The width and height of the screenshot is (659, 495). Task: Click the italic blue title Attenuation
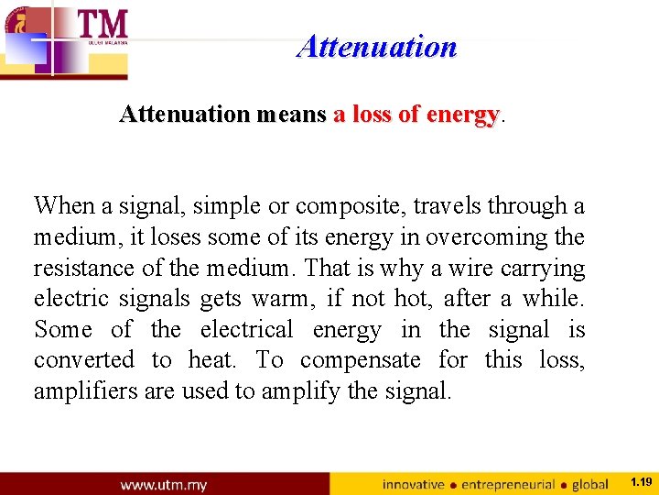coord(376,46)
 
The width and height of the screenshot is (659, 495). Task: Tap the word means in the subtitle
coord(291,115)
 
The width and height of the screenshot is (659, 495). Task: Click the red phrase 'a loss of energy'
coord(416,115)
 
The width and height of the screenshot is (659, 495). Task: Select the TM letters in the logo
coord(103,24)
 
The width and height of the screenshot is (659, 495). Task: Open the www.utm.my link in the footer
coord(163,484)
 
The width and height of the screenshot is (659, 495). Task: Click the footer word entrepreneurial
coord(509,484)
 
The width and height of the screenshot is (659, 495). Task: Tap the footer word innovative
coord(413,484)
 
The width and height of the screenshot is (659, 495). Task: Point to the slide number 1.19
coord(641,481)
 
